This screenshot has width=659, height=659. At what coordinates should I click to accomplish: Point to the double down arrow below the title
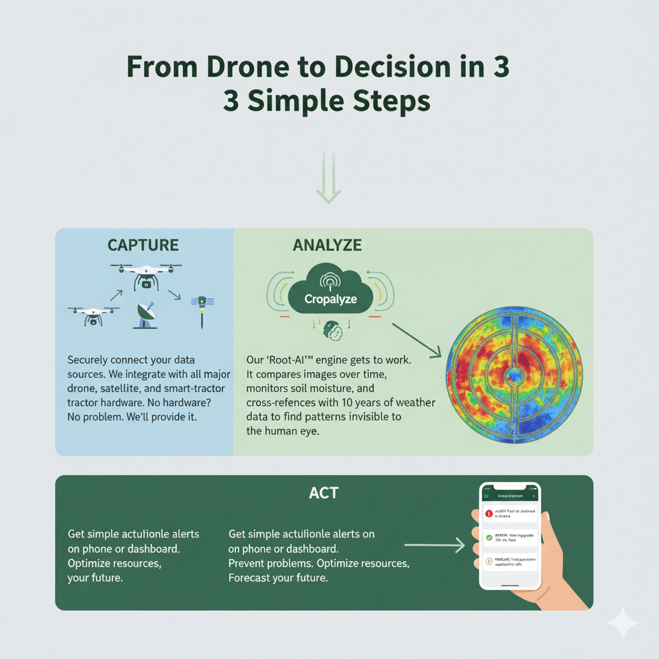(x=329, y=178)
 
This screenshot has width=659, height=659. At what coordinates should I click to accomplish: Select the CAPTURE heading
(x=144, y=245)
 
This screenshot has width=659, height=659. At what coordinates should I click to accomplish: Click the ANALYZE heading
(x=327, y=245)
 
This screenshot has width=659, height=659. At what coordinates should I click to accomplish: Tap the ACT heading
(x=324, y=494)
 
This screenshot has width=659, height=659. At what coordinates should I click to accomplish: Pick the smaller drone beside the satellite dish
(x=93, y=313)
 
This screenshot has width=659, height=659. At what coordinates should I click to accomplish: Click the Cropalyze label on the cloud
(x=331, y=300)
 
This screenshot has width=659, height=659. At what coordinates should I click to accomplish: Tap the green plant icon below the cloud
(x=333, y=329)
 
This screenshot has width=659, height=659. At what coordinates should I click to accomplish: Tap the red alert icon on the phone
(x=489, y=514)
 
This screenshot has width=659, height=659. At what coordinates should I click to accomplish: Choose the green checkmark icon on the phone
(x=489, y=537)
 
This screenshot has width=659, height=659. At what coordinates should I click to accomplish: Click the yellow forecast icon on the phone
(x=489, y=561)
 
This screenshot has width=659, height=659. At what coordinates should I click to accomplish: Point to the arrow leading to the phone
(x=434, y=546)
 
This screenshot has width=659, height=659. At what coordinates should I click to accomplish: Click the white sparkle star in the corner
(x=622, y=623)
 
